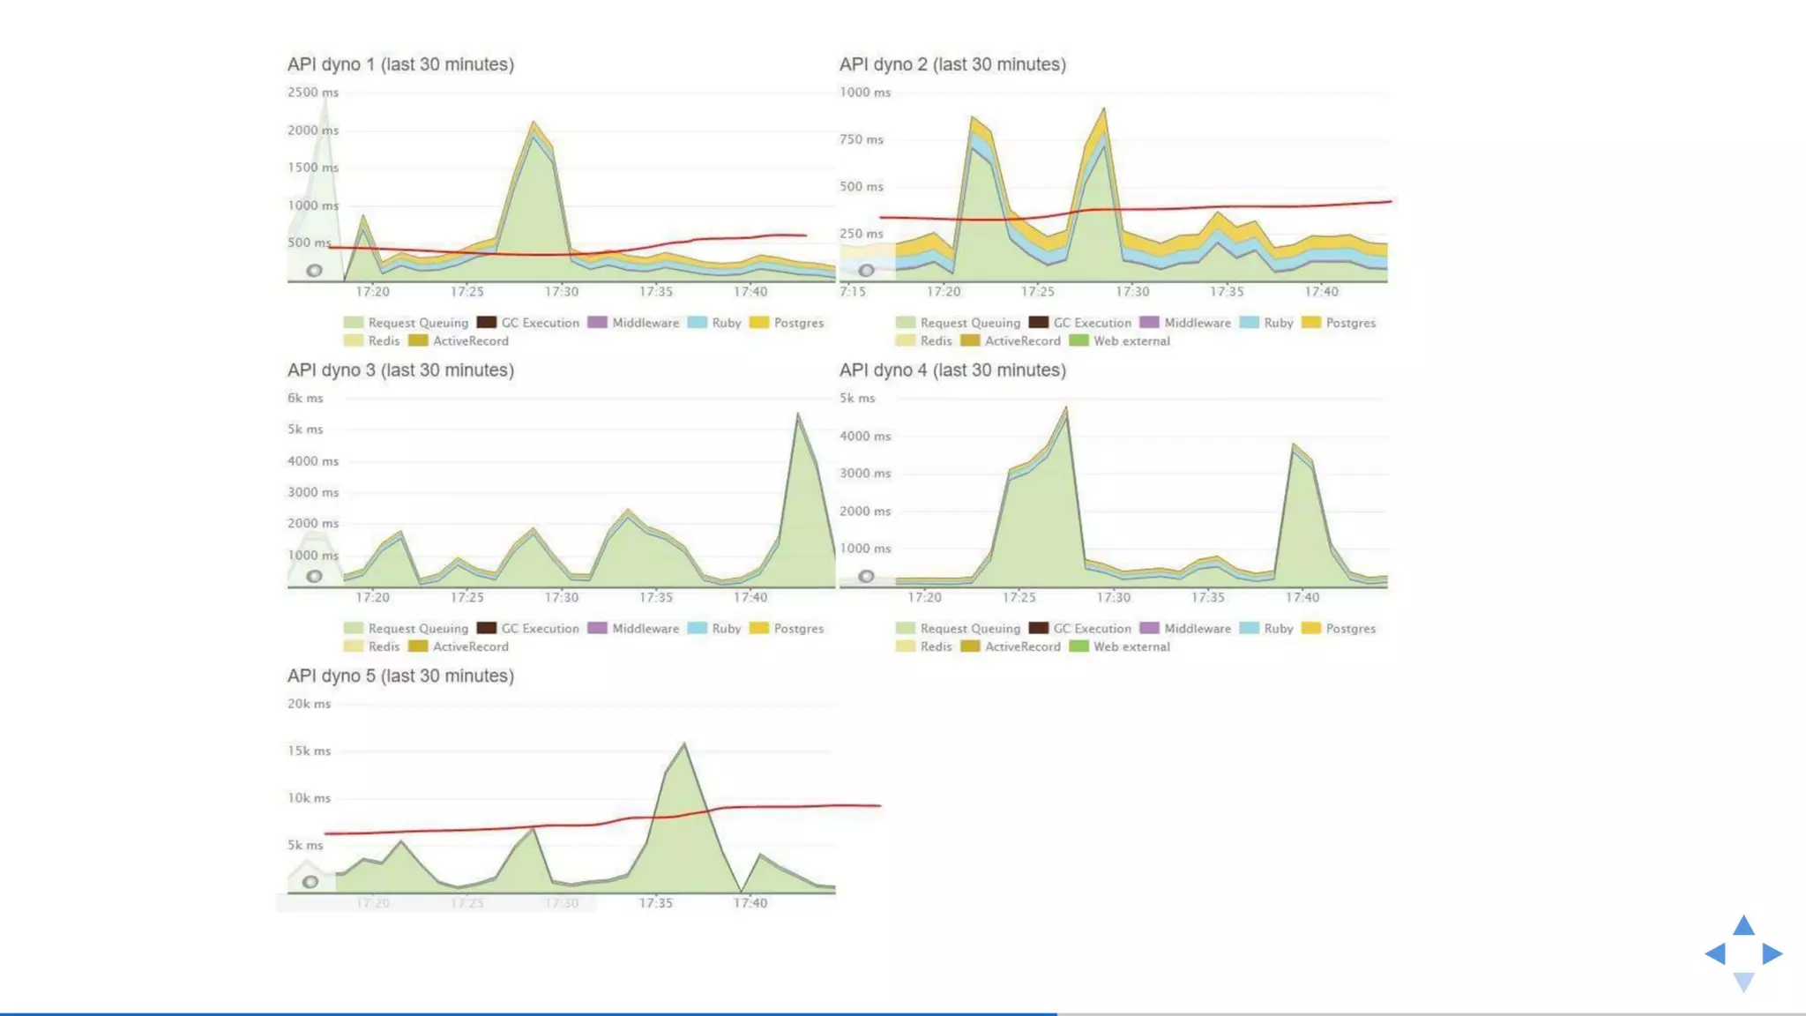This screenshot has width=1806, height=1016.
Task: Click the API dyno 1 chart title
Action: pos(400,64)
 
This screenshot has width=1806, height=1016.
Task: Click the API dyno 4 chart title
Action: pos(952,370)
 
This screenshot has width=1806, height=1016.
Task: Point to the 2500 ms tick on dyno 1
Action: pos(312,92)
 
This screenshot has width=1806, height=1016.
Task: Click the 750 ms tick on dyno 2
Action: pos(861,139)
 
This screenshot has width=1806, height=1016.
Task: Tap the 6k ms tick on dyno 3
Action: pos(305,398)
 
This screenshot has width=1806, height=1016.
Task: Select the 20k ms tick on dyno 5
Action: pos(309,704)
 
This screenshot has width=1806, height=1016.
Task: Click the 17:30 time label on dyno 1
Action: pos(561,292)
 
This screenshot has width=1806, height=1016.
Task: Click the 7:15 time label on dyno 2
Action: pos(852,292)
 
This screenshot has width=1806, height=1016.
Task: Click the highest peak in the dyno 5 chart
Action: pos(684,745)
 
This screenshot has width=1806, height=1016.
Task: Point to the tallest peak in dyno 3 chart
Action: pos(797,415)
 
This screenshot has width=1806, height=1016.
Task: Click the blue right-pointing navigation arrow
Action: pos(1772,953)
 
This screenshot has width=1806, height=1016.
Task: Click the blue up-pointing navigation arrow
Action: pos(1743,926)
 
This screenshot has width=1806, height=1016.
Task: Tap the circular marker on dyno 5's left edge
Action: pos(310,882)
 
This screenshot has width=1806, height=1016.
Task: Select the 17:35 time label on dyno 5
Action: pos(655,903)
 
